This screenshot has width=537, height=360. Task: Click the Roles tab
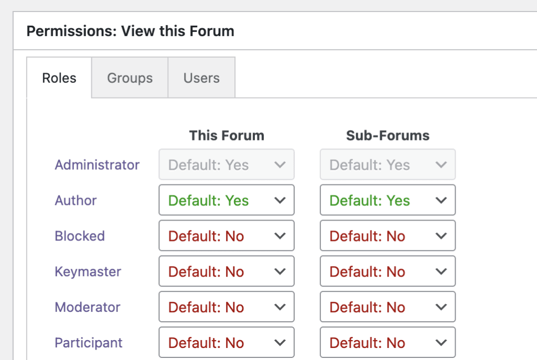click(59, 78)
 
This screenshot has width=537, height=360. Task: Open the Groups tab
click(130, 78)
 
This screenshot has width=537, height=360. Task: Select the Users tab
click(201, 78)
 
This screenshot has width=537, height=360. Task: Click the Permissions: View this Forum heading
click(130, 31)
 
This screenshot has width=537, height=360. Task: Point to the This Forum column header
click(227, 136)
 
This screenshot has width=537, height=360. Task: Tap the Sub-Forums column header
click(388, 136)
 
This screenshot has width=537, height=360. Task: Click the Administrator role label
click(97, 165)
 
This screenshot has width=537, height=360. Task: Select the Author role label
click(76, 201)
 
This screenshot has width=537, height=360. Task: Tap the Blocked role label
click(80, 236)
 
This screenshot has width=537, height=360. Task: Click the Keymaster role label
click(88, 272)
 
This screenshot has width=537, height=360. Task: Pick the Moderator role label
click(88, 308)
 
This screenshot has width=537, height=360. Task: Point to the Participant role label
click(89, 343)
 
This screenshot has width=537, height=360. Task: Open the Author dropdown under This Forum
click(227, 200)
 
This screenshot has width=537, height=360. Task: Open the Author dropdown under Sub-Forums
click(388, 200)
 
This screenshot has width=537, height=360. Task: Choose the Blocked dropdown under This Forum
click(227, 236)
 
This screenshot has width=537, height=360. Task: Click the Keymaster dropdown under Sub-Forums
click(388, 271)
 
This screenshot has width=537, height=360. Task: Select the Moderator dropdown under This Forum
click(227, 307)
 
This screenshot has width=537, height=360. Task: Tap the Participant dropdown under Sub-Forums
click(388, 343)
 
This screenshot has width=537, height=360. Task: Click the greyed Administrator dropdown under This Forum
click(227, 165)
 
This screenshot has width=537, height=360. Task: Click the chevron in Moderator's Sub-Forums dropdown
click(442, 308)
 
